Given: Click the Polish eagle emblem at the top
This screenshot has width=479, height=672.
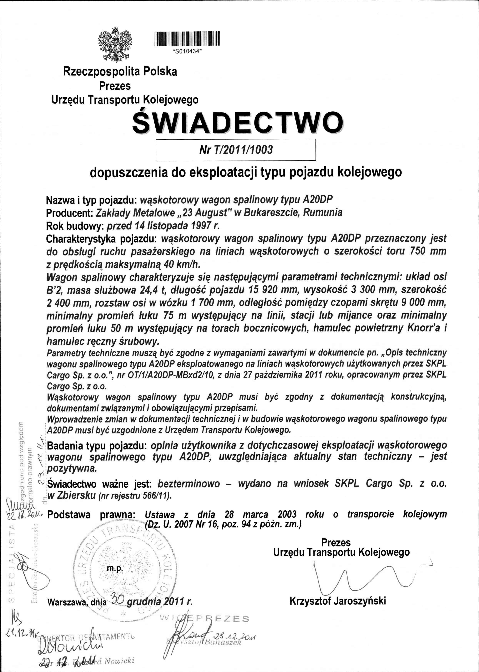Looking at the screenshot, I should pyautogui.click(x=115, y=45).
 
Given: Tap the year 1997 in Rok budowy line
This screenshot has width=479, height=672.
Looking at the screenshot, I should pyautogui.click(x=201, y=226).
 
